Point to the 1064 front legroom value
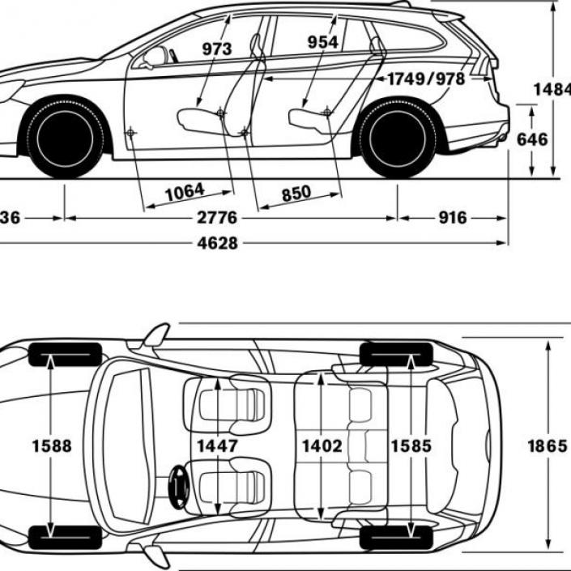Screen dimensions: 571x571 coord(185,192)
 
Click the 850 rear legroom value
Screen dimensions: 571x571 coord(296,193)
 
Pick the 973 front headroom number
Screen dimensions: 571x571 coord(217,49)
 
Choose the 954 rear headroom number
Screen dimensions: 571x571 coord(323,43)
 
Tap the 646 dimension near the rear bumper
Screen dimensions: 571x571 coord(532,138)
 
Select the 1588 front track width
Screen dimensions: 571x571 coord(52,445)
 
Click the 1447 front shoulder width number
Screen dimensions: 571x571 coord(217,445)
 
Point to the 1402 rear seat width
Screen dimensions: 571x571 coord(322,445)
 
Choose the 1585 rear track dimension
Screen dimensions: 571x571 coord(411,445)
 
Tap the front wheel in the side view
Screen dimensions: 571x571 coord(65,138)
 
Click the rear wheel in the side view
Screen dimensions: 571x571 coord(398,138)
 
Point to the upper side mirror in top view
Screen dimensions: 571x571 coord(156,335)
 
